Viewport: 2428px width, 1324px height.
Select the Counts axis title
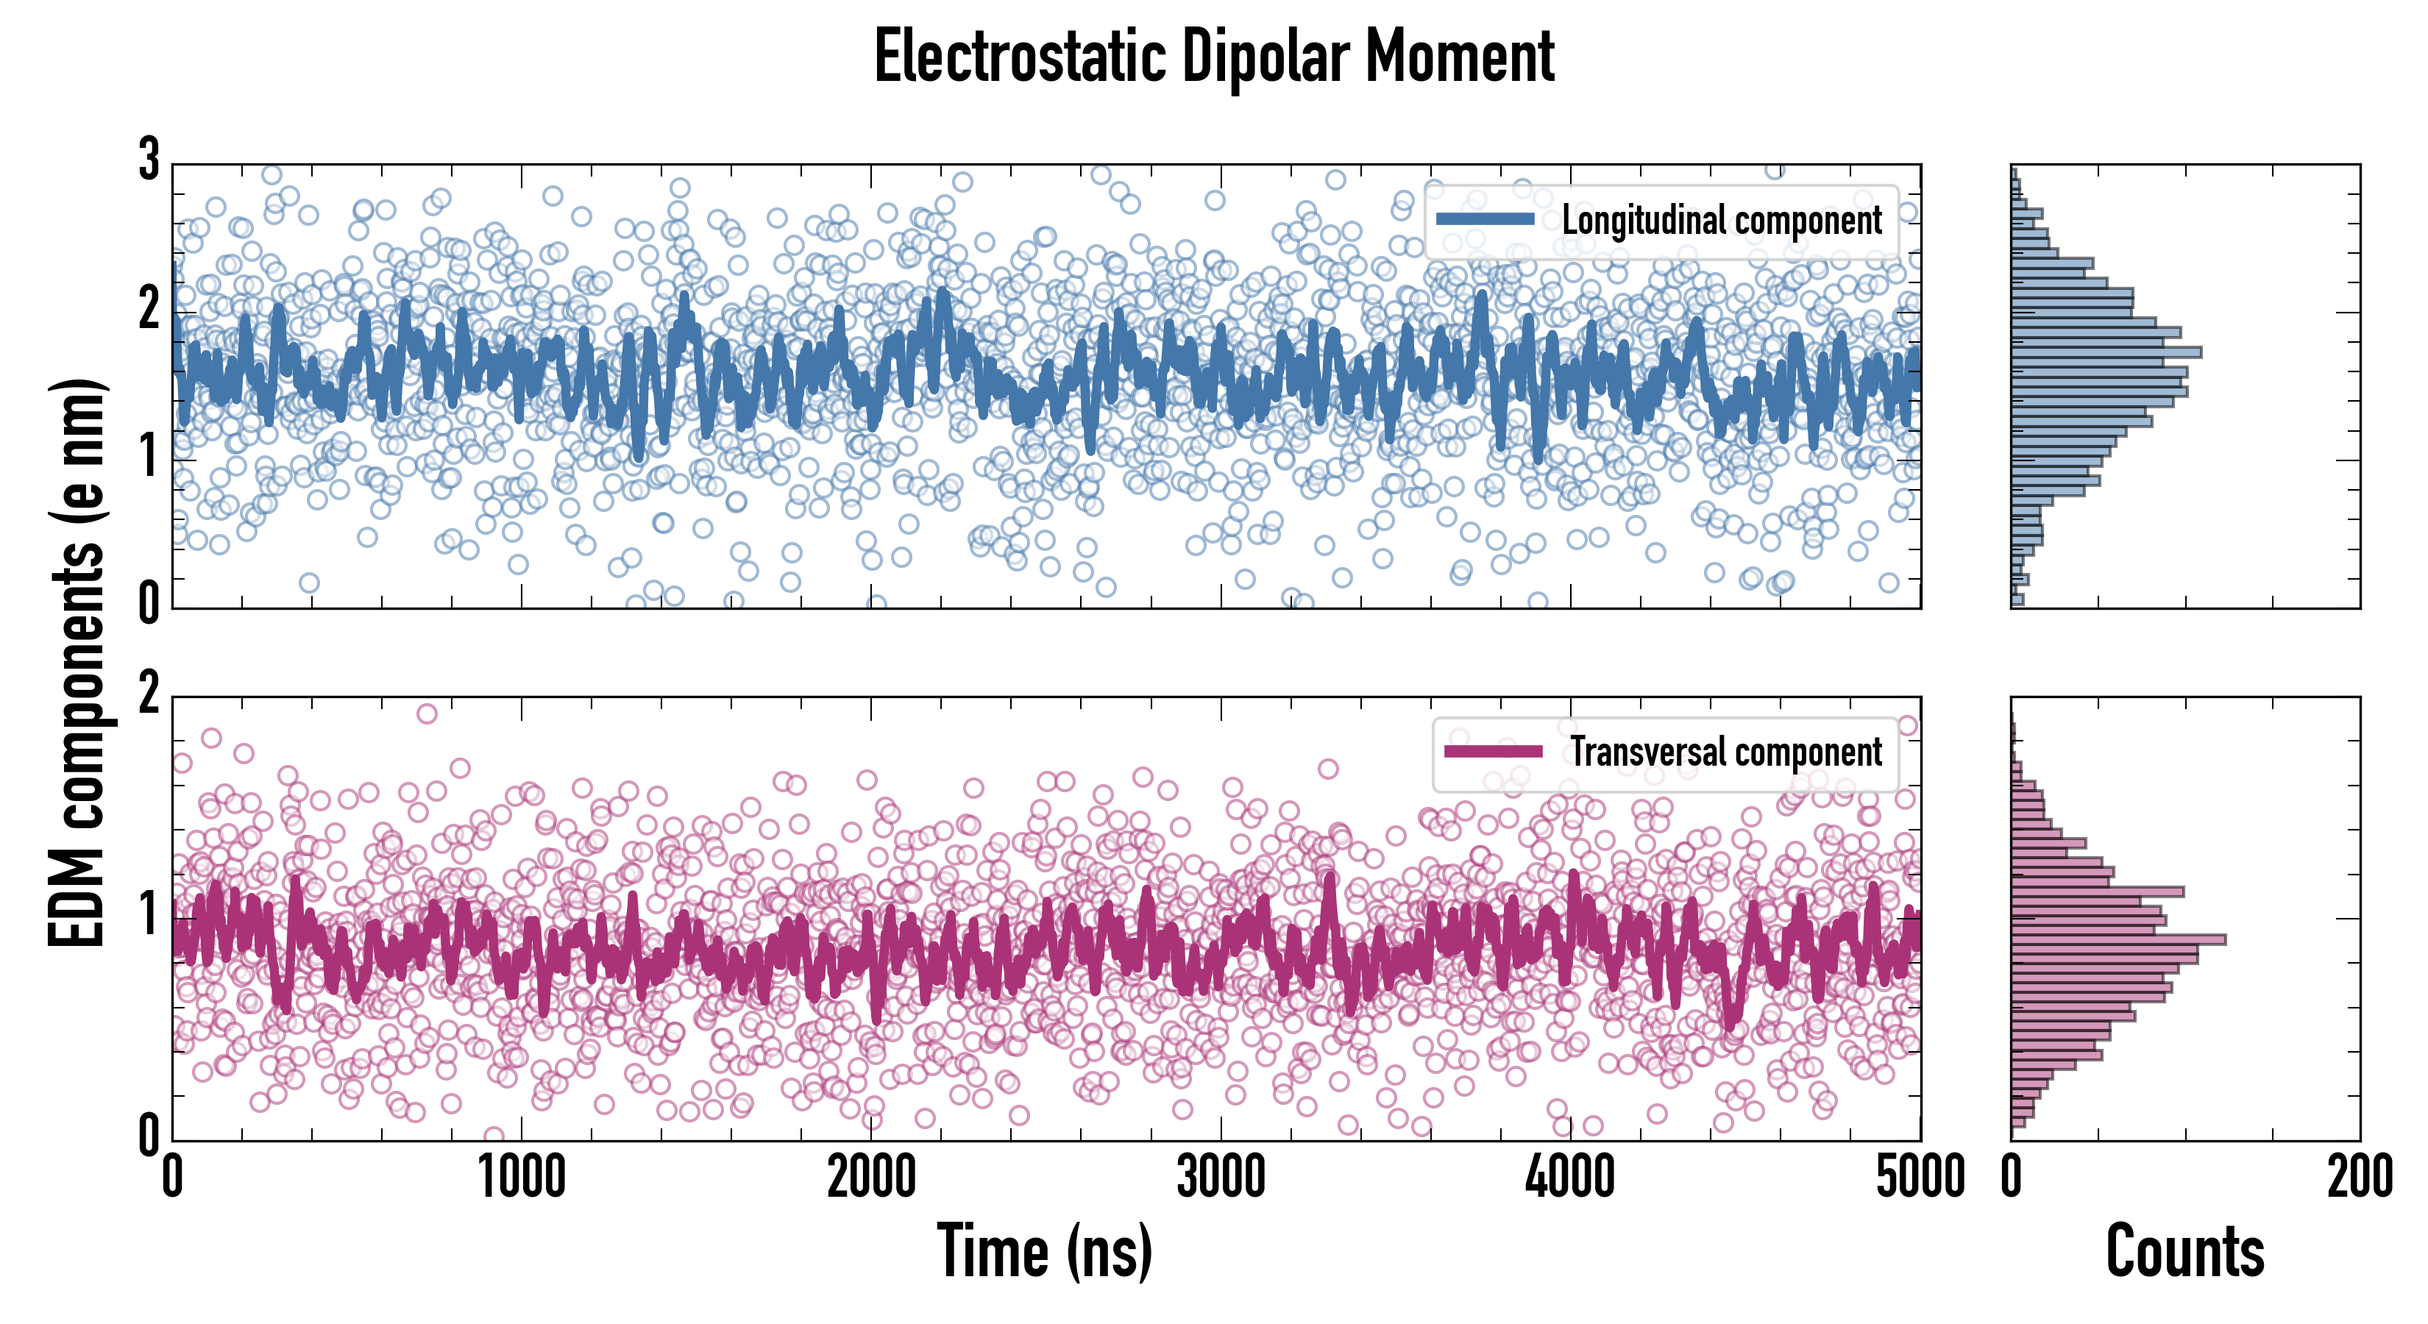[x=2184, y=1251]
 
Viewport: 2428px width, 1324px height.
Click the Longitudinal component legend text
[x=1722, y=221]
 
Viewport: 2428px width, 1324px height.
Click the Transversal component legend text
[x=1726, y=752]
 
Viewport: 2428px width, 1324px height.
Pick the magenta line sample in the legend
[x=1493, y=752]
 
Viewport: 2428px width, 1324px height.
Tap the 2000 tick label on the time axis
[x=872, y=1178]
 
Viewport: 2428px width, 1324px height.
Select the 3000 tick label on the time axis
[x=1221, y=1178]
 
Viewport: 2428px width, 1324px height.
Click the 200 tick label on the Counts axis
[x=2359, y=1178]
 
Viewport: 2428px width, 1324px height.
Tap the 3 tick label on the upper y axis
[x=149, y=160]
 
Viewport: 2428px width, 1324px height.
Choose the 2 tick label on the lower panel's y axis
[x=149, y=694]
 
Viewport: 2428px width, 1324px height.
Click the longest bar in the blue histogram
[x=2106, y=352]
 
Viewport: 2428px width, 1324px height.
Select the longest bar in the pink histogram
[x=2119, y=939]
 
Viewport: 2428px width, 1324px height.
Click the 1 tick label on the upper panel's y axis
[x=149, y=457]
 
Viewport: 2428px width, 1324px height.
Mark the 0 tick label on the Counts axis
[x=2012, y=1178]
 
